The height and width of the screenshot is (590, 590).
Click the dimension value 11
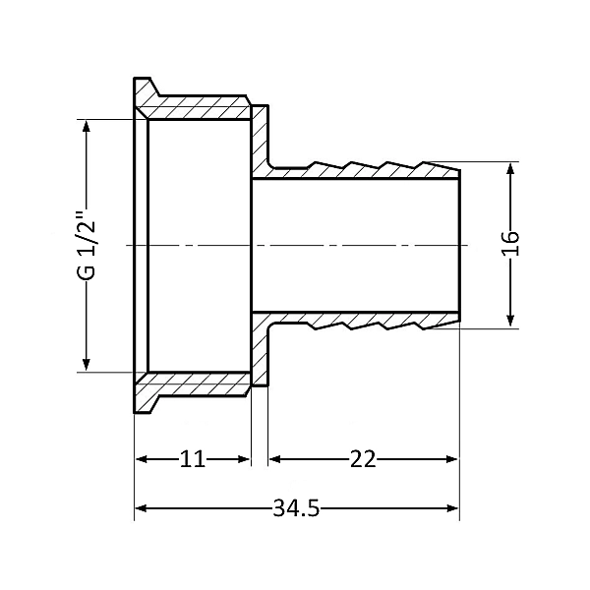point(193,459)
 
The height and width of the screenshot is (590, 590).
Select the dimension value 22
point(363,459)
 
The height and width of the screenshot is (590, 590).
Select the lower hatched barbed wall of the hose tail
point(364,320)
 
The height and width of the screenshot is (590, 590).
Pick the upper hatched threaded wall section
point(197,107)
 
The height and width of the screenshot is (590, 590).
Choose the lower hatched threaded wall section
point(197,384)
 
